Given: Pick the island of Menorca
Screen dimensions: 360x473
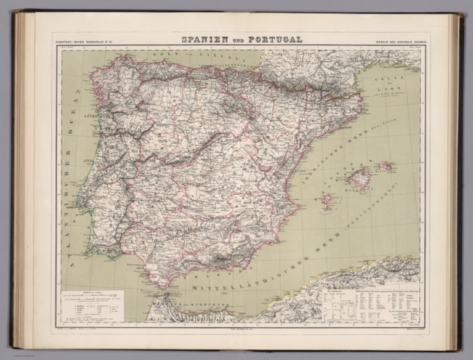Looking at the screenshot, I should [386, 166].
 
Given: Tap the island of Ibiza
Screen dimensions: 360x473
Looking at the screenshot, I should [328, 200].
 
